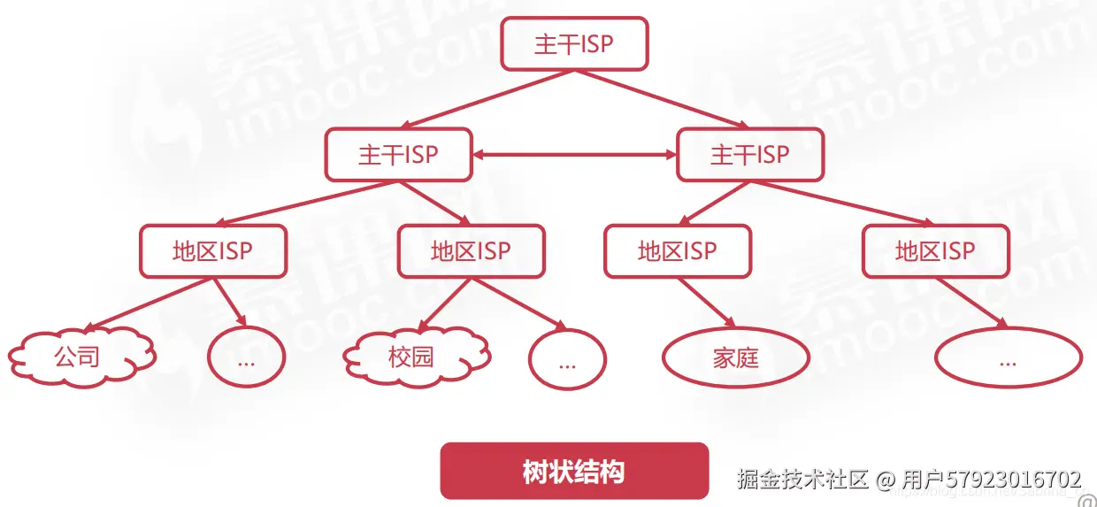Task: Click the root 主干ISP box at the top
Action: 574,43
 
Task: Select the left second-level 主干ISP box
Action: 398,155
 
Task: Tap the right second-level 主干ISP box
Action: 750,155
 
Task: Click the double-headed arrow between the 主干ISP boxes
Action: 573,155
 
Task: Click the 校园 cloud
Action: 415,357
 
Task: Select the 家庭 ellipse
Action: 736,358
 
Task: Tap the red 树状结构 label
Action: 574,471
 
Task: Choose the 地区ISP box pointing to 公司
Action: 213,250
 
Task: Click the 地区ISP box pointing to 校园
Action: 471,250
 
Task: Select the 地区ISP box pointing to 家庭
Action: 678,250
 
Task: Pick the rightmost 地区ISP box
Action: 935,250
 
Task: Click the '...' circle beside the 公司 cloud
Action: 247,358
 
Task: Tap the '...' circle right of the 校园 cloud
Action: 567,360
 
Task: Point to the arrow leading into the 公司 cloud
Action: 150,303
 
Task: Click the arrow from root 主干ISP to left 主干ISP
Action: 487,99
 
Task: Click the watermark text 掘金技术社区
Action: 803,480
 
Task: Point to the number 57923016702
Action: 1014,480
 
